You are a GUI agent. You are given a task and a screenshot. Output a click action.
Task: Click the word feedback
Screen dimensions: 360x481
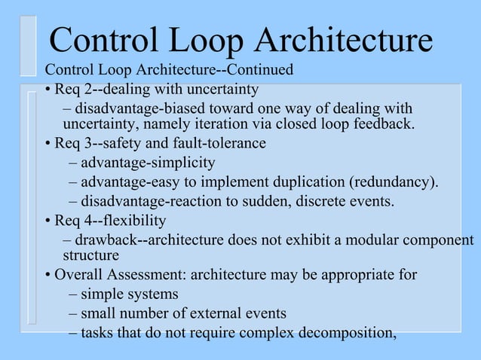(x=382, y=124)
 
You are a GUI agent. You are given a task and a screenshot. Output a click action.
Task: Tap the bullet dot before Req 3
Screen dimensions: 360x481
(x=47, y=144)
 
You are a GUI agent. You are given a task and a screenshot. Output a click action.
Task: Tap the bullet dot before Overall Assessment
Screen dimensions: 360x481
(x=47, y=275)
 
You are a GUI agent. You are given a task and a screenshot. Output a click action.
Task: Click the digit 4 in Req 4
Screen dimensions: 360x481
(x=84, y=221)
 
